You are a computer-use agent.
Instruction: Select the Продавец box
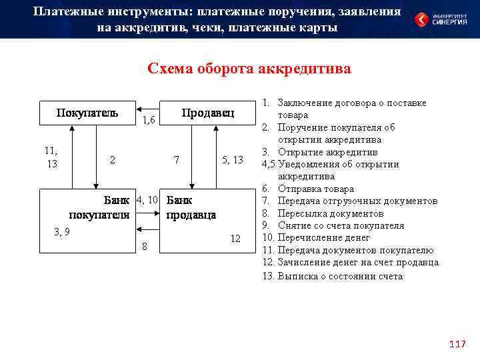point(207,113)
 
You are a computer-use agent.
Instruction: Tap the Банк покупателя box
point(87,207)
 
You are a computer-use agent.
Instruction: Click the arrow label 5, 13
point(233,160)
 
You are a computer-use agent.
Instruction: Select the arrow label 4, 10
point(147,200)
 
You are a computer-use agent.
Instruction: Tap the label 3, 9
point(61,231)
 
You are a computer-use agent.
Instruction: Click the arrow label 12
point(235,239)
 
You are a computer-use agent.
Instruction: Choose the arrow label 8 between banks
point(145,248)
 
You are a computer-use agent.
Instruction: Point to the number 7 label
point(176,160)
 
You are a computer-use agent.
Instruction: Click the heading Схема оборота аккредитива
point(249,69)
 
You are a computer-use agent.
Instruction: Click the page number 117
point(457,344)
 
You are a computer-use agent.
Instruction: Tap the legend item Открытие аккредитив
point(323,153)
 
